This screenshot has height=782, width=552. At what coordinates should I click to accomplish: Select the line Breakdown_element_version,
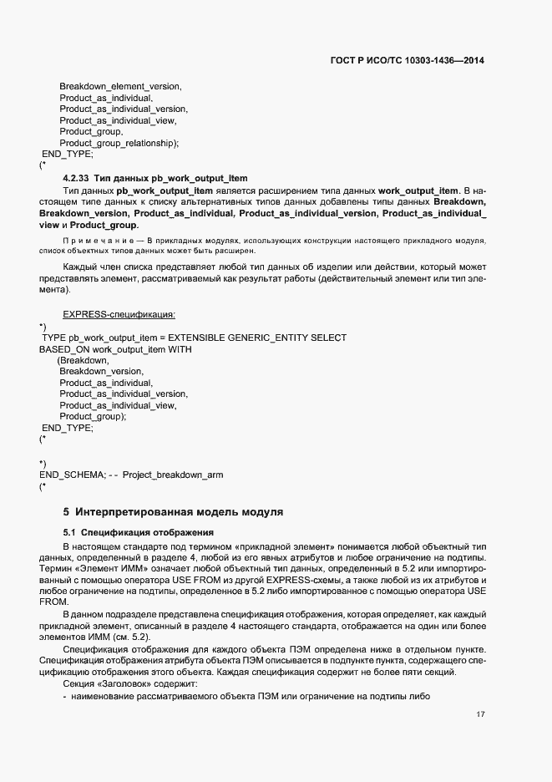pos(120,87)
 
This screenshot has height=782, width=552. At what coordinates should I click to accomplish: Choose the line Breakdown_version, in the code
pos(101,371)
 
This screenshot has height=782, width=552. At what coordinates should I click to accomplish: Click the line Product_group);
pos(93,416)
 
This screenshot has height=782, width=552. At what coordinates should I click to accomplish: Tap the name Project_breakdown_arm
pos(173,475)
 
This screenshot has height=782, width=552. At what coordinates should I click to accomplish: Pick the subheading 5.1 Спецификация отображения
pos(139,532)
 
